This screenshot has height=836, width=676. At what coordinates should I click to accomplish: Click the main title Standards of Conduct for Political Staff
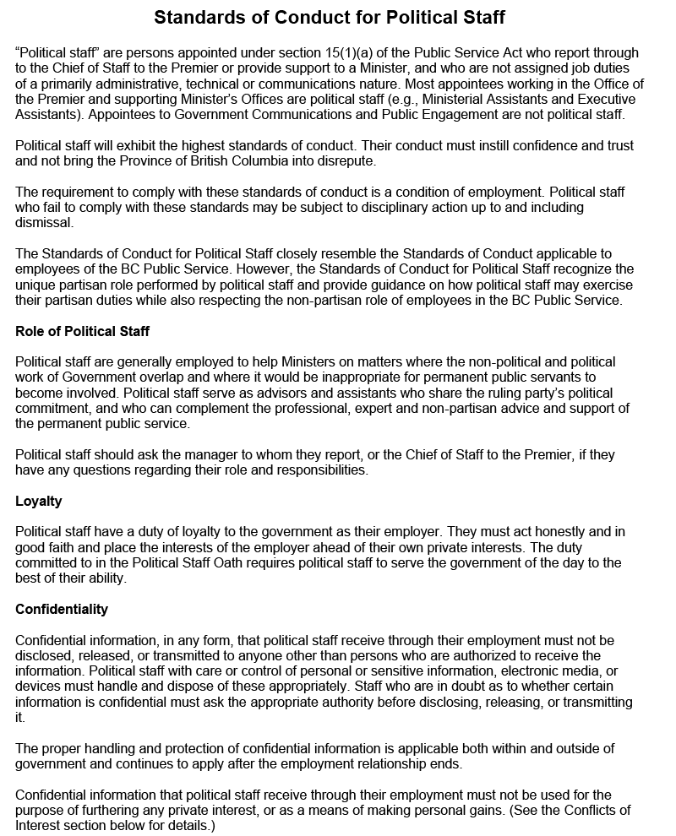coord(330,17)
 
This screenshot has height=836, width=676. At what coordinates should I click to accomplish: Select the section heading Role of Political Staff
coord(82,331)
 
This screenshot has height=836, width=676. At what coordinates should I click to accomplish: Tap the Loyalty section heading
coord(39,501)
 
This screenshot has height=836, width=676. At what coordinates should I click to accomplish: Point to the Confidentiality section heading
coord(62,609)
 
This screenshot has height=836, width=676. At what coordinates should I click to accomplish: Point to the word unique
coord(36,285)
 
